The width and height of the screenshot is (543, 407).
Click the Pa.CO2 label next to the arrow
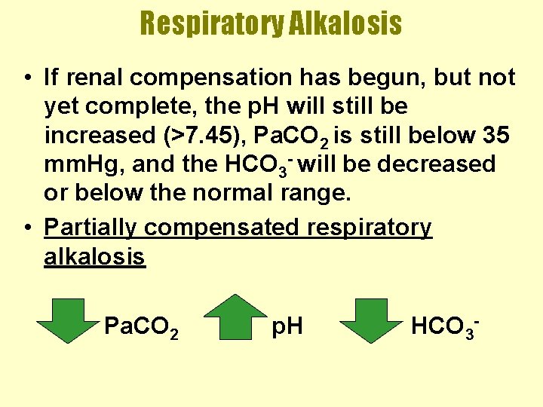141,327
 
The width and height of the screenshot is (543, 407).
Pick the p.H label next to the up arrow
287,326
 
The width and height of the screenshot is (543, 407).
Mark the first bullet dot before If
26,78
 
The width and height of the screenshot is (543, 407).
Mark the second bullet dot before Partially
26,228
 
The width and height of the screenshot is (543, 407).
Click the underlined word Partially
93,228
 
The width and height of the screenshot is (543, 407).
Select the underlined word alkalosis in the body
94,257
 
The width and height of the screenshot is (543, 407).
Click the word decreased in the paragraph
437,164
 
